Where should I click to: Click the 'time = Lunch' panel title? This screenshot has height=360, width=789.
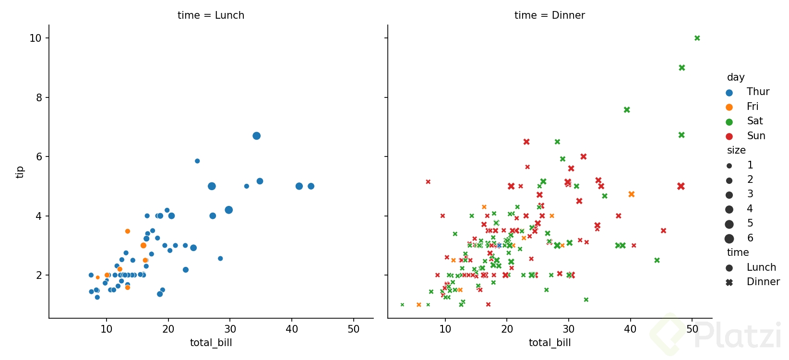211,15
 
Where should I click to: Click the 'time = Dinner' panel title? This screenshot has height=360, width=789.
550,15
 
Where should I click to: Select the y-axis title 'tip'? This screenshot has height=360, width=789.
20,172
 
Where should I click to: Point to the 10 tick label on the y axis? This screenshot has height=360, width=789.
36,38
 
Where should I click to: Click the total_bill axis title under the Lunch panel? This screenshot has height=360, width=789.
211,343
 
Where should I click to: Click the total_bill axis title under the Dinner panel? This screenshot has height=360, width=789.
550,343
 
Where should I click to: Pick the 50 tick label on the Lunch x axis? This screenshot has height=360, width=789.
353,329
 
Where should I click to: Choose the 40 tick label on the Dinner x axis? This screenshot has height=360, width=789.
630,329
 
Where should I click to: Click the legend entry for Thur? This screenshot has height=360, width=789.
757,92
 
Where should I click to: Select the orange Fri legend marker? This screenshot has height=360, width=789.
729,107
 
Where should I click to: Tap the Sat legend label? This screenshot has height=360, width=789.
754,121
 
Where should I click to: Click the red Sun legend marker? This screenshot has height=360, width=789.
729,136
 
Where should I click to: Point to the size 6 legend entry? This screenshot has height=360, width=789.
750,238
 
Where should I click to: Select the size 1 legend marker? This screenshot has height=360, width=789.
729,166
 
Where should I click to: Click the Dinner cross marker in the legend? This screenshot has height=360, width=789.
729,282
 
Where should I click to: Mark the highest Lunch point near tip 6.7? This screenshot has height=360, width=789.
256,136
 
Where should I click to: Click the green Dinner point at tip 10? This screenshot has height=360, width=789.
697,38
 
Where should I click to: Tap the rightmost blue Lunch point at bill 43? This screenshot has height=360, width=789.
311,186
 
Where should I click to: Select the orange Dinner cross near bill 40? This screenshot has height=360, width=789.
632,194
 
